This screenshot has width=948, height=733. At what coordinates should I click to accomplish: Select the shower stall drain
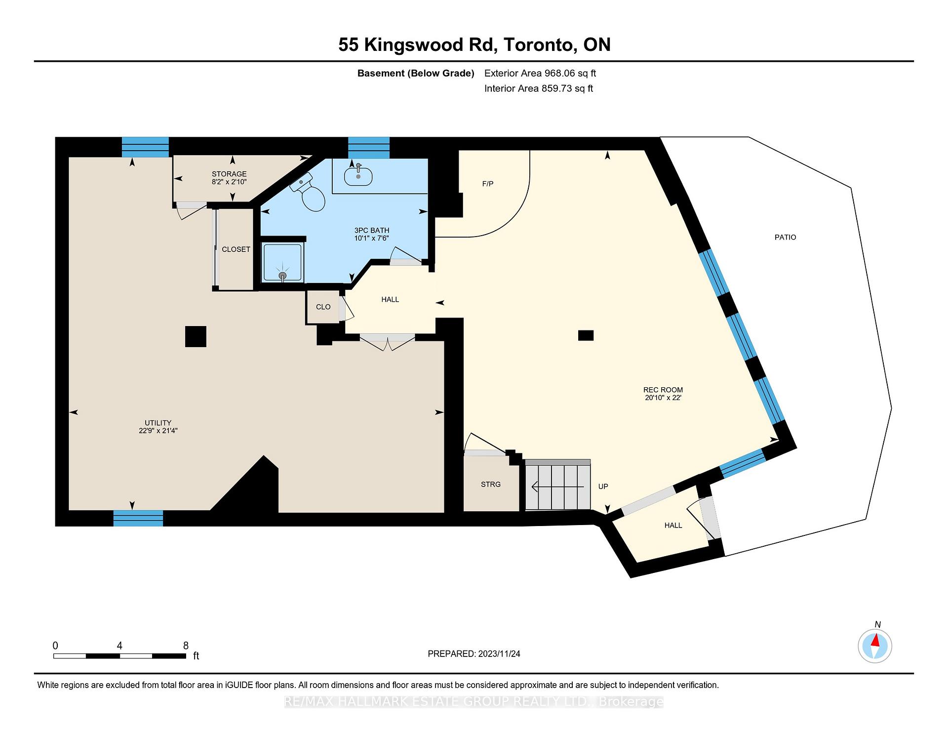click(282, 275)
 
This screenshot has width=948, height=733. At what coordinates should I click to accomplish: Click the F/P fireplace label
click(487, 184)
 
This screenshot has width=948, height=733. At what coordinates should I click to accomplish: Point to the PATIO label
click(785, 237)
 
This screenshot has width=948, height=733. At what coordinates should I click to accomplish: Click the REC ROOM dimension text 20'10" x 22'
click(663, 398)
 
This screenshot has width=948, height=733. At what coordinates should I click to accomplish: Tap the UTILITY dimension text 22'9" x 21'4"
click(158, 431)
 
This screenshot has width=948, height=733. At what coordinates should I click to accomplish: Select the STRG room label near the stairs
click(490, 484)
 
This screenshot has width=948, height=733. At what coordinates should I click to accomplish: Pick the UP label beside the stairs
click(603, 487)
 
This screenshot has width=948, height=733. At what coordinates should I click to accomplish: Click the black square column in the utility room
click(196, 336)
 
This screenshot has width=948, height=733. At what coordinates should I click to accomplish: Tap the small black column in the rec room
click(586, 335)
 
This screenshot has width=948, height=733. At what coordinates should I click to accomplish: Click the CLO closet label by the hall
click(323, 307)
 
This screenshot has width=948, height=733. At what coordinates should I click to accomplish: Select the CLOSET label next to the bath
click(236, 249)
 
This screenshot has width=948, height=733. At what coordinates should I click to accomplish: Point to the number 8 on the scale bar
click(186, 646)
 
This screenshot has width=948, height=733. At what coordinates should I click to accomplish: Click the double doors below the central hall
click(388, 342)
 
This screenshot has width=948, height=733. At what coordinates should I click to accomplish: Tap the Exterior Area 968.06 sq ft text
click(540, 73)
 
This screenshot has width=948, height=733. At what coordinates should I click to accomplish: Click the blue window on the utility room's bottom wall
click(138, 518)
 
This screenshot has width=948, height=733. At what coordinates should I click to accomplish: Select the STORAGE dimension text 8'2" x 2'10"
click(229, 182)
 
